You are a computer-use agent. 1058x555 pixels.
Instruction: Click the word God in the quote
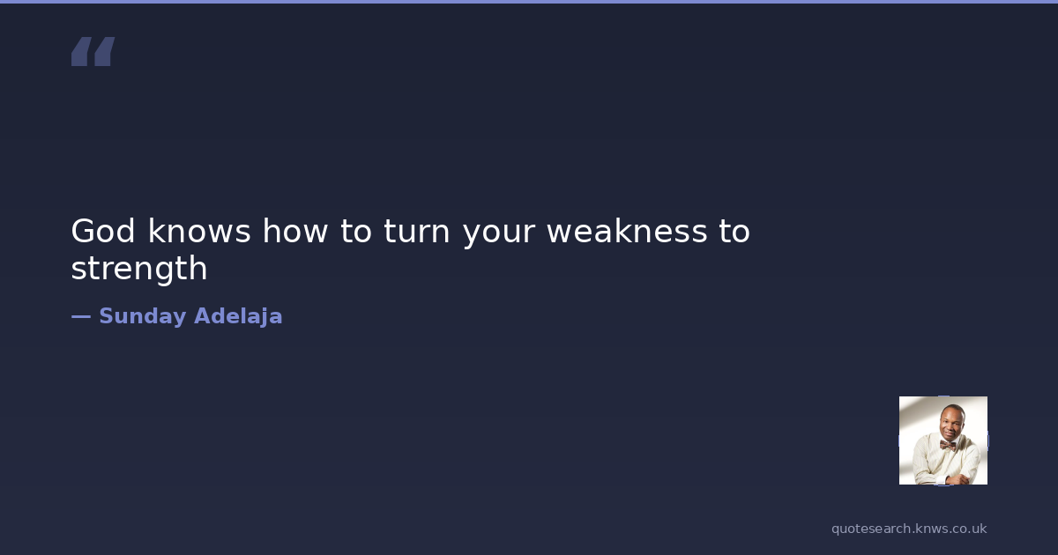(103, 231)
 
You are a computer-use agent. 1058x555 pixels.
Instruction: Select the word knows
(199, 230)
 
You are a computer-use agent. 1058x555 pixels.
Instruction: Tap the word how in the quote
(295, 230)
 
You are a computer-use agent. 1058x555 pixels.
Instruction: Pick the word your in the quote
(499, 234)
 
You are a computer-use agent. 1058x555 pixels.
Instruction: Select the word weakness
(627, 230)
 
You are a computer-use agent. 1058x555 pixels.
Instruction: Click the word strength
(139, 269)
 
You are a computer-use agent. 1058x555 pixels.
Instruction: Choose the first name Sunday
(143, 316)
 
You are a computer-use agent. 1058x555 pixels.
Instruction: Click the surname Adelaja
(238, 316)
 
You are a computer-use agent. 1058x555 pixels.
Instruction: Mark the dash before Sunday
(81, 316)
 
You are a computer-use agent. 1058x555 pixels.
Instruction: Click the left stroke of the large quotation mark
(81, 51)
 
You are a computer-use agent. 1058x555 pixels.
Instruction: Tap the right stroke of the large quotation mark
(104, 51)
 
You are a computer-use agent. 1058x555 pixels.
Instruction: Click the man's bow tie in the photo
(947, 445)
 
